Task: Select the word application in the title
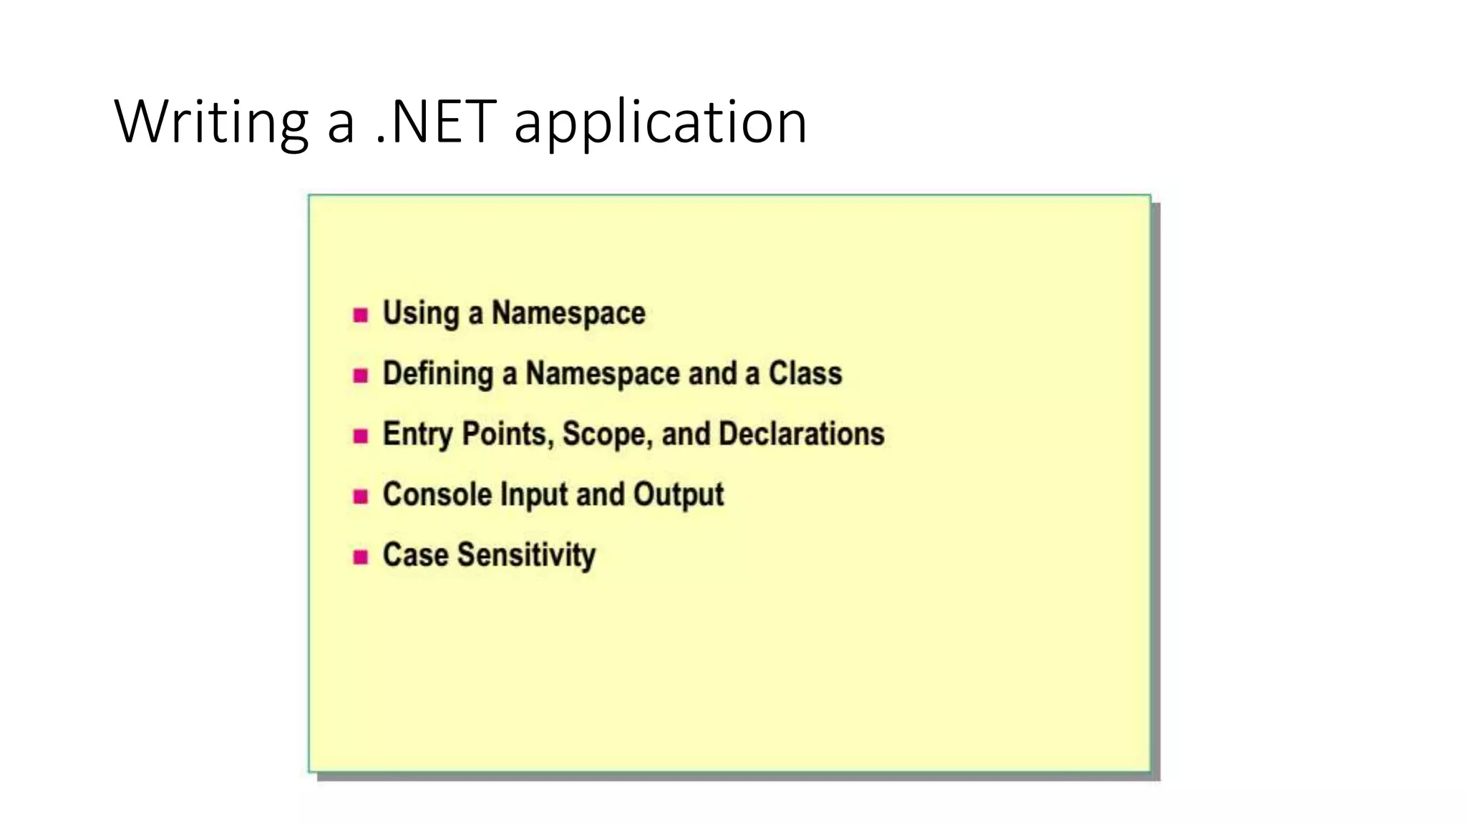(x=660, y=122)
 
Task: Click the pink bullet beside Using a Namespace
(x=361, y=315)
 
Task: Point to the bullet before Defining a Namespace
(x=361, y=375)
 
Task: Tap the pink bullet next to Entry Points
(x=361, y=436)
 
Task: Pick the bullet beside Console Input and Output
(x=361, y=496)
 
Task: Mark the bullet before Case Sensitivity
(x=361, y=556)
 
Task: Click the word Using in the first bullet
(x=420, y=314)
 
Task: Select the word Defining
(x=437, y=374)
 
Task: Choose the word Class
(x=805, y=373)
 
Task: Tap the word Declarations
(x=801, y=433)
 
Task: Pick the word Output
(x=678, y=495)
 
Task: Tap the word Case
(x=415, y=555)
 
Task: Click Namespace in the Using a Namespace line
(x=568, y=313)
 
